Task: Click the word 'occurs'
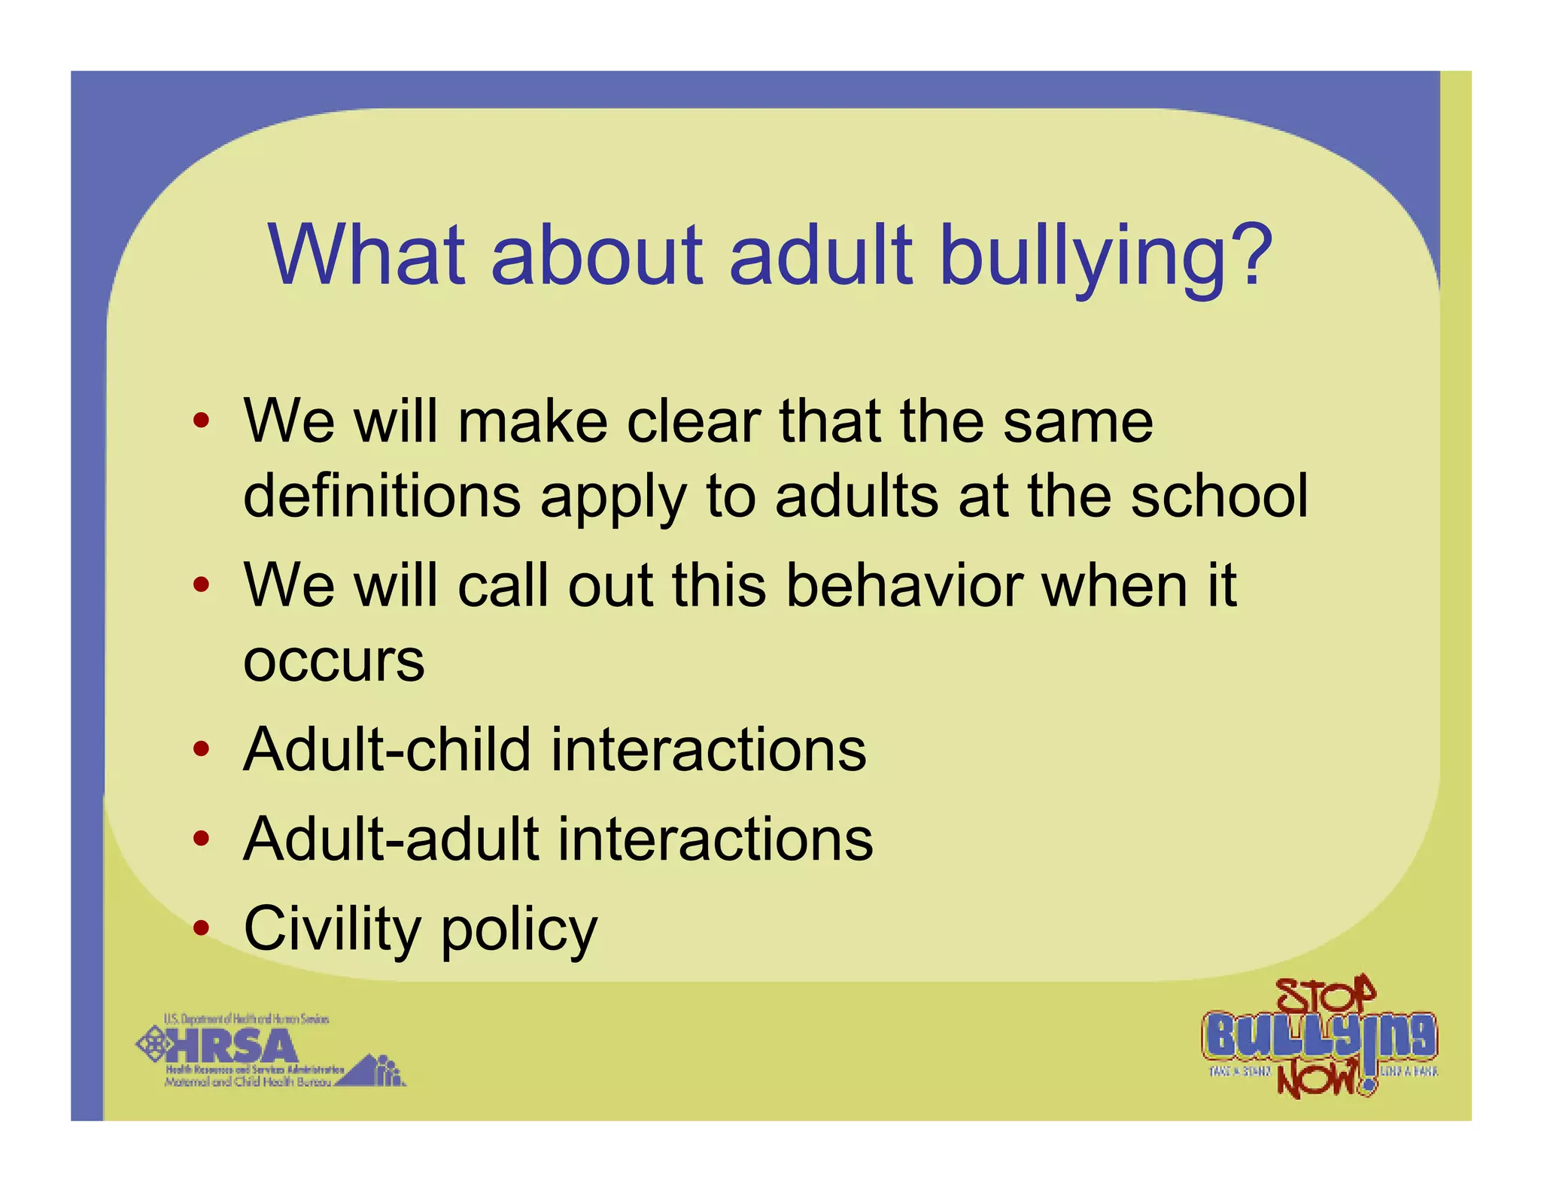coord(334,661)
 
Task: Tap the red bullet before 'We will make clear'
coord(200,420)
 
